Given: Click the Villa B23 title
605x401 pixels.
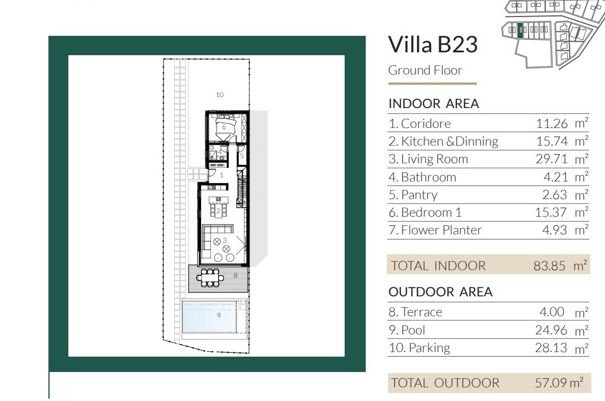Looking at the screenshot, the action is [x=433, y=44].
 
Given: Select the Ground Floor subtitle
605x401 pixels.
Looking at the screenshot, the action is [x=425, y=70].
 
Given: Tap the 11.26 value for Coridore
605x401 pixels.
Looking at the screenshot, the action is [x=552, y=123].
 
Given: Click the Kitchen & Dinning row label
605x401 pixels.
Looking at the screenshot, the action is [x=443, y=141].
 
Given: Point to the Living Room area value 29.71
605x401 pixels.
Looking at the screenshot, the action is [x=552, y=159].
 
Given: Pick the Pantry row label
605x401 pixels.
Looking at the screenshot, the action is [x=413, y=195].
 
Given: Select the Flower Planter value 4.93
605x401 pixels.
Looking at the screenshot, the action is [x=554, y=230].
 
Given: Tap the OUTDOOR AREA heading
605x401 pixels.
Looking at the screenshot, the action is [x=440, y=292].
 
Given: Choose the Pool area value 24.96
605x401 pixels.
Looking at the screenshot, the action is [x=551, y=330].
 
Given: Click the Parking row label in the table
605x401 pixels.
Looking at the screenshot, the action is [x=419, y=348].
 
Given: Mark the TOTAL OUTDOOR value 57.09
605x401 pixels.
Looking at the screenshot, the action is [x=551, y=382].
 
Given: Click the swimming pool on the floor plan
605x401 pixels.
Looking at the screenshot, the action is [x=210, y=316].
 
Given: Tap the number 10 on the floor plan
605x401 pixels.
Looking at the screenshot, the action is [x=219, y=95].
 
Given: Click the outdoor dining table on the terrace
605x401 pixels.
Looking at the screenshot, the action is [x=210, y=278].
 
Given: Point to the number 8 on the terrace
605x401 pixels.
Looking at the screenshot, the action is [x=235, y=275].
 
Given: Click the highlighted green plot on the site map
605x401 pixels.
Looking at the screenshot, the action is [x=520, y=31].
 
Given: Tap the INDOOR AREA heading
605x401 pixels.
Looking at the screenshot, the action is [x=434, y=104].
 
